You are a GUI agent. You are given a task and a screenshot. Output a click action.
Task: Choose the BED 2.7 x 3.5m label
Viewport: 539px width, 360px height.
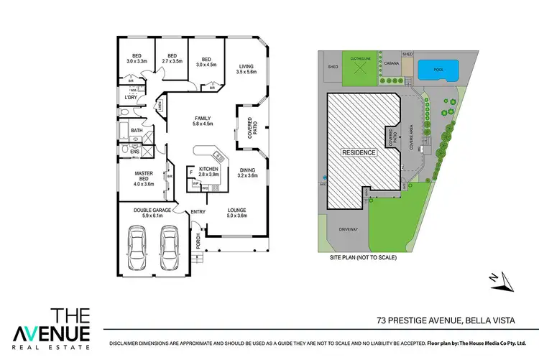pos(172,59)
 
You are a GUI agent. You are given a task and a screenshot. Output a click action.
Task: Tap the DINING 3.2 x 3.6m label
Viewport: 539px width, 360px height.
pos(247,173)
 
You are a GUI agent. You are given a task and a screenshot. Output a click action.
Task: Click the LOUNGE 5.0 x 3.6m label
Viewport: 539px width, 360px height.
pos(237,213)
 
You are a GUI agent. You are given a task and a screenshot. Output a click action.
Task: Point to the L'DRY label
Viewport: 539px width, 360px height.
pos(131,98)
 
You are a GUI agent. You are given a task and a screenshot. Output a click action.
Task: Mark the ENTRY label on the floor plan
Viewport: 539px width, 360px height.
pos(198,212)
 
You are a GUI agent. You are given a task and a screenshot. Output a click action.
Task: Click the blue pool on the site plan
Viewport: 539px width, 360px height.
pos(435,70)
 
